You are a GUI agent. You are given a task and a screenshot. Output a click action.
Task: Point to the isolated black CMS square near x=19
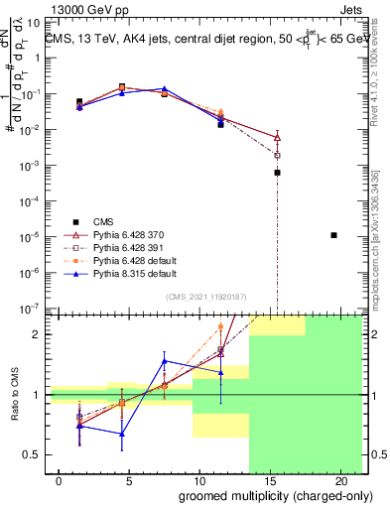coord(333,235)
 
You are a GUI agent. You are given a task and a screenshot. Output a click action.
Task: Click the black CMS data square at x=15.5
coord(277,172)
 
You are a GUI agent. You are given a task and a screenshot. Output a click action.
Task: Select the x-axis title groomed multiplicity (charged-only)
coord(261,494)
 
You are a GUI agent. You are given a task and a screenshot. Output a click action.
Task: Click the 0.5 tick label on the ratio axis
coord(32,454)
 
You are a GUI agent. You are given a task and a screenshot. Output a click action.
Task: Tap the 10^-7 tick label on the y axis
coord(31,309)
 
